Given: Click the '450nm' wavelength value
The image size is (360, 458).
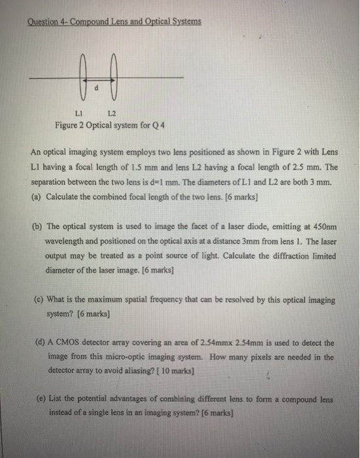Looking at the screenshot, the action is coord(320,230).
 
